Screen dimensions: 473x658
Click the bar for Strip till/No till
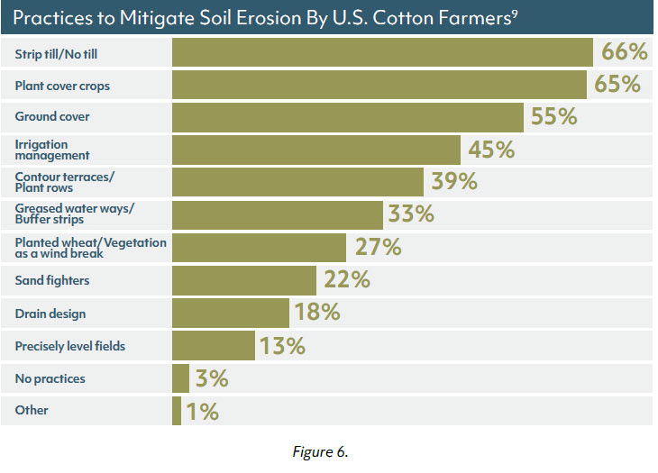381,53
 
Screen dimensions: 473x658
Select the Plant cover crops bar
379,86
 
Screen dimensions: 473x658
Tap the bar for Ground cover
347,117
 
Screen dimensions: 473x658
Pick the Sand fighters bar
243,280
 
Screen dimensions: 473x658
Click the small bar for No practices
180,378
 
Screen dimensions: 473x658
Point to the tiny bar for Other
176,411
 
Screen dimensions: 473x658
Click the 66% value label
621,52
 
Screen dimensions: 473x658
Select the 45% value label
491,150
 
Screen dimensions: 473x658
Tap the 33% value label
411,214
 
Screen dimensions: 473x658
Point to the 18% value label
316,313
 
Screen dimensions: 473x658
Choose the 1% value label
202,412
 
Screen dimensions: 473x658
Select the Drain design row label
50,313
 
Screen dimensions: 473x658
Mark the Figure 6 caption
320,452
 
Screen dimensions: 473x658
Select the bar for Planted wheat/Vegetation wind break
259,247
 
